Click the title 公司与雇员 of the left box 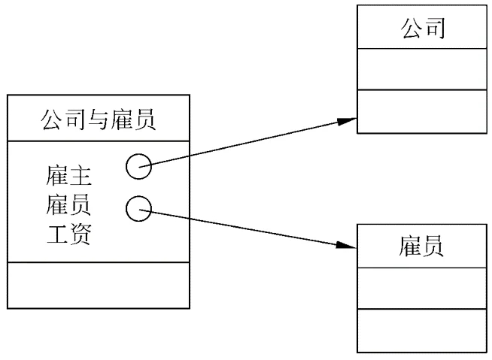coord(98,119)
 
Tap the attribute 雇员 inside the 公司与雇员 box coord(69,207)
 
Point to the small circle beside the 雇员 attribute coord(138,208)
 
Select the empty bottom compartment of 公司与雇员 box coord(98,285)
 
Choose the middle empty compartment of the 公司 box coord(421,69)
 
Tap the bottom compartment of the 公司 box coord(421,110)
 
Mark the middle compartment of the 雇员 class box coord(421,287)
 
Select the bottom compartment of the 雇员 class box coord(421,329)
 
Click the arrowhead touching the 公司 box coord(348,119)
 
